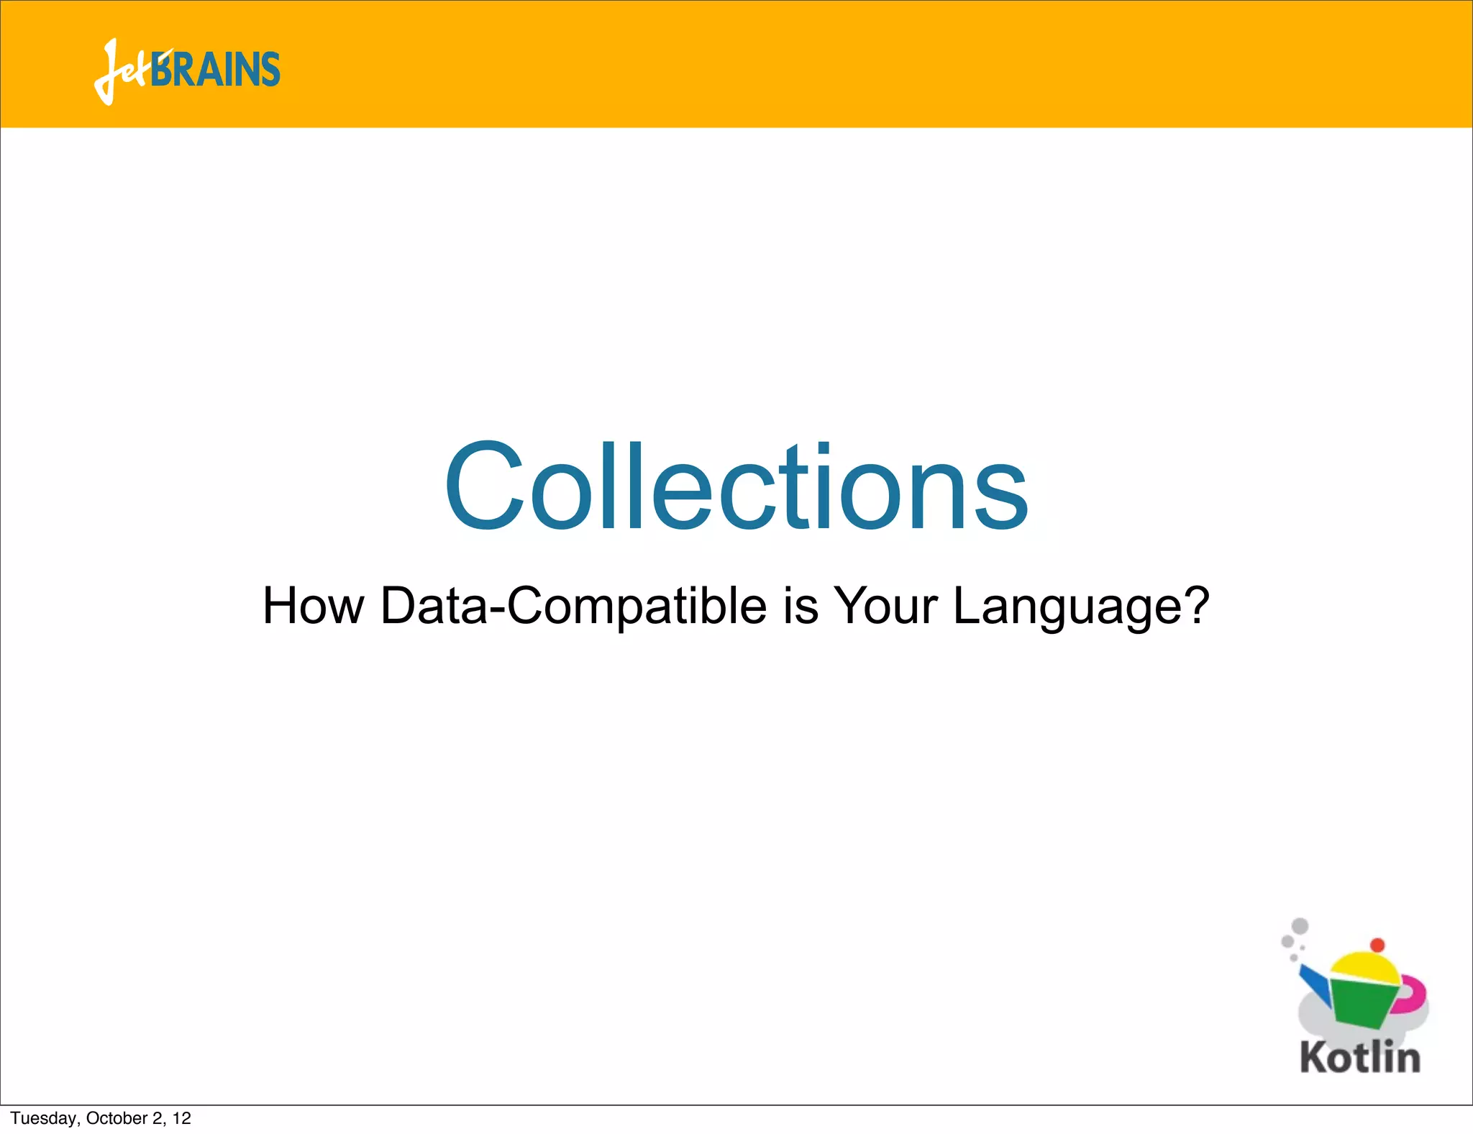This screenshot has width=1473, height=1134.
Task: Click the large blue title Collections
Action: [736, 487]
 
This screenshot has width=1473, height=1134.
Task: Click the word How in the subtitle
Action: [314, 606]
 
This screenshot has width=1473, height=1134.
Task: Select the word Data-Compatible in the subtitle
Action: [573, 606]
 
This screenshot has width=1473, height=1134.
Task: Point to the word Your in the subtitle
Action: [885, 606]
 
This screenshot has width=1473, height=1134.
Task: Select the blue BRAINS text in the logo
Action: [216, 70]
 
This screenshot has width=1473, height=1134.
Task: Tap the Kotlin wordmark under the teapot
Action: [1360, 1058]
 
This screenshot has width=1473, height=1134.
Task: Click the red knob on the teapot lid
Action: [1377, 945]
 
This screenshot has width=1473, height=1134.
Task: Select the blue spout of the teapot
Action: [1315, 983]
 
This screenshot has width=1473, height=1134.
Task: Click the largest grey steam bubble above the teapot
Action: [1300, 926]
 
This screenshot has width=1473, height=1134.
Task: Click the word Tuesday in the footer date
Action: [44, 1118]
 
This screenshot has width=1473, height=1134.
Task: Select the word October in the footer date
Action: [117, 1118]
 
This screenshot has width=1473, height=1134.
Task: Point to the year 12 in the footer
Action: [182, 1118]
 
